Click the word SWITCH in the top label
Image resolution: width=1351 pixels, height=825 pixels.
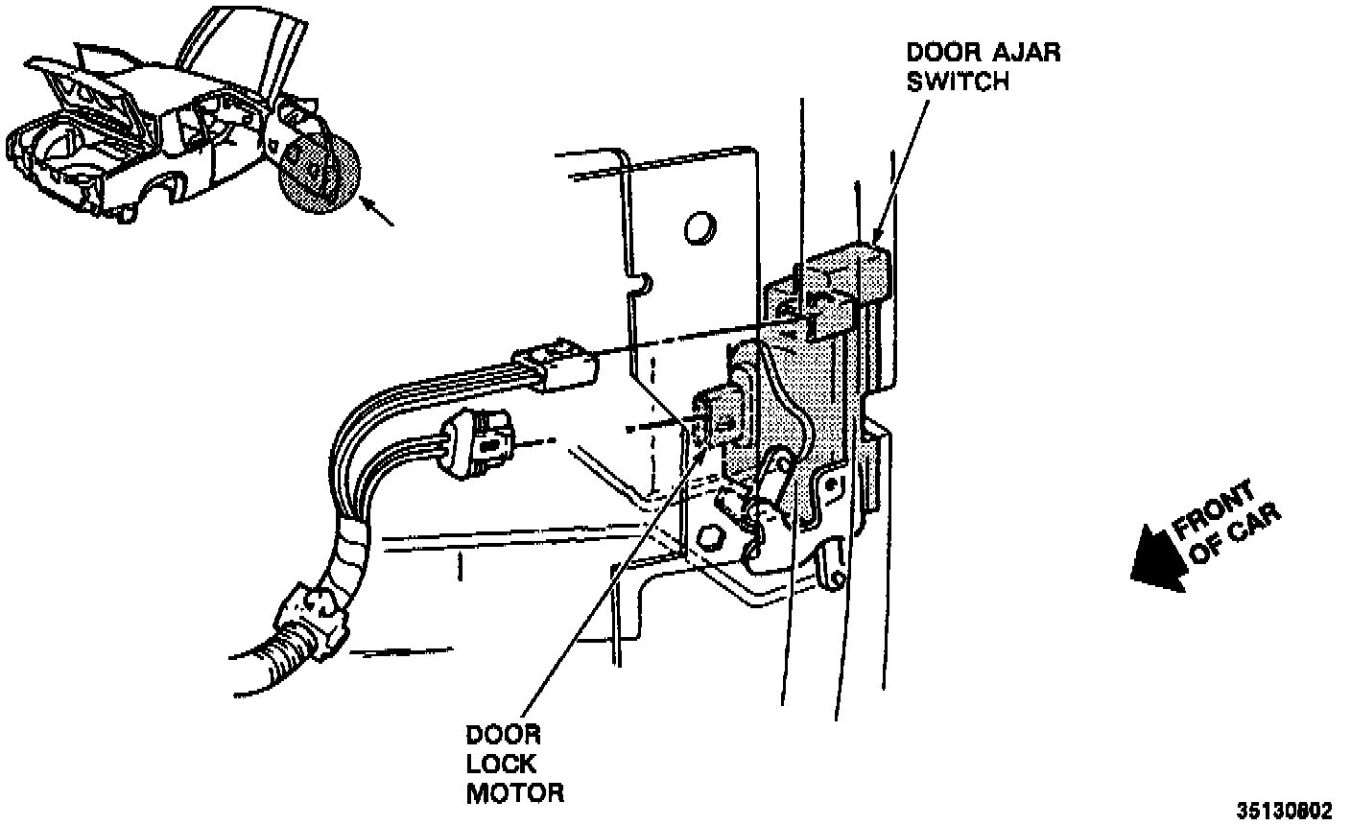tap(960, 82)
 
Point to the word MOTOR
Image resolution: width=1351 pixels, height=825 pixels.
tap(515, 794)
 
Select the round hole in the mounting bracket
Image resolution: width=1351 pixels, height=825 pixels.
tap(700, 227)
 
